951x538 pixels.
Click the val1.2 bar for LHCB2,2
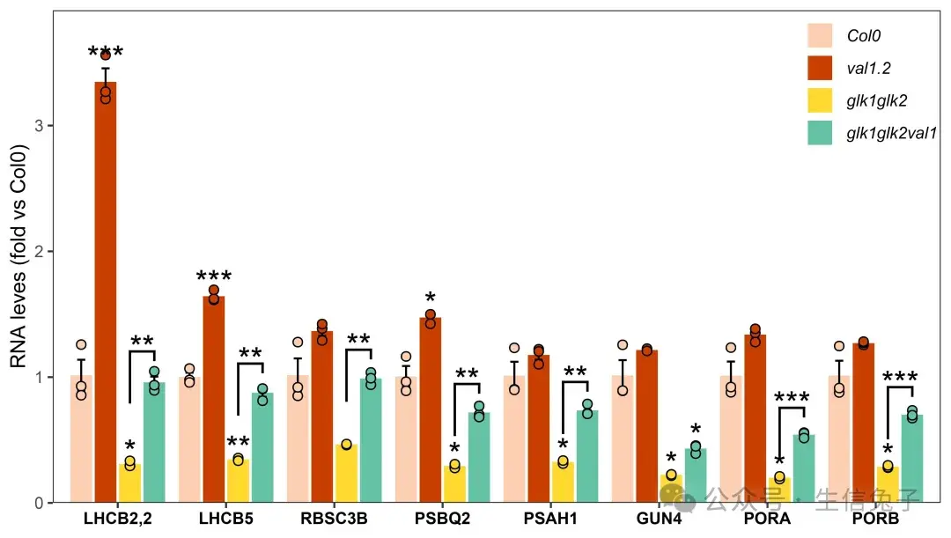click(x=106, y=291)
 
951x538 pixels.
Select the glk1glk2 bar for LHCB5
click(x=238, y=481)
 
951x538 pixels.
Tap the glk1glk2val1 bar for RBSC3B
click(x=371, y=440)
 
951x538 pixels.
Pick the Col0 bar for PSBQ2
click(x=406, y=440)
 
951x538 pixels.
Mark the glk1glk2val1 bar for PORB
click(x=912, y=459)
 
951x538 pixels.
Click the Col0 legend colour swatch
click(x=820, y=35)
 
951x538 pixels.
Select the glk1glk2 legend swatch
click(x=820, y=100)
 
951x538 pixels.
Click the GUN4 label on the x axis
click(x=659, y=520)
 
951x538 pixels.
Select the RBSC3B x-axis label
click(x=335, y=520)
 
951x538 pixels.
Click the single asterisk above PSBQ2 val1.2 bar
click(x=431, y=298)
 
